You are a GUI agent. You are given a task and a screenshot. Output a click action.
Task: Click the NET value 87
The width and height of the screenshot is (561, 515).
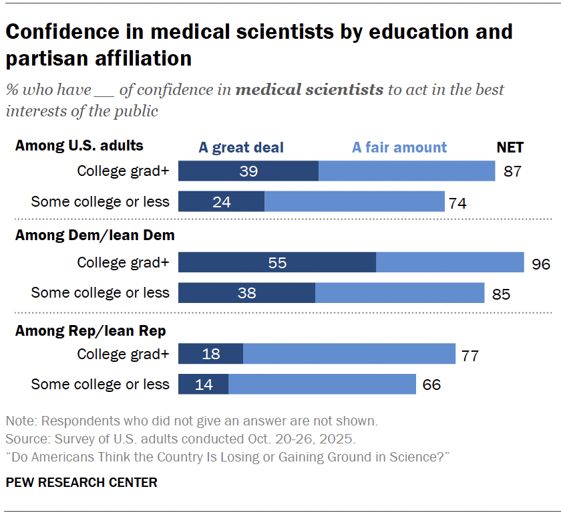[x=512, y=171]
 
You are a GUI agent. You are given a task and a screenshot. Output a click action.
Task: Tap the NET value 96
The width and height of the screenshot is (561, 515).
[x=541, y=264]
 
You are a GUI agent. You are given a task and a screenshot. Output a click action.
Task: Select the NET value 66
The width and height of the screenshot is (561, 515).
[x=431, y=385]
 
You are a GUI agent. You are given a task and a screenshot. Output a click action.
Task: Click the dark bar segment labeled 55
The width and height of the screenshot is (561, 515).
[x=277, y=262]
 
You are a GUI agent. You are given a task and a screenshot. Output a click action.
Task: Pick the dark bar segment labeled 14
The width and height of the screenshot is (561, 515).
[x=204, y=384]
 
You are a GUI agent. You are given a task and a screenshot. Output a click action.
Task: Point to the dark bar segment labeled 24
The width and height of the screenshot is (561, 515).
[x=222, y=201]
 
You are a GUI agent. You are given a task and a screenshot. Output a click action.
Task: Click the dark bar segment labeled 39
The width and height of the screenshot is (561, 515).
[x=248, y=171]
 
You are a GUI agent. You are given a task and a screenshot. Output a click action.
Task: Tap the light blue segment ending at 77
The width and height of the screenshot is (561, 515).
[x=349, y=354]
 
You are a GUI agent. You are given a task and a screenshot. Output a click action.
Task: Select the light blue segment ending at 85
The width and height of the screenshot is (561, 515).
[x=399, y=293]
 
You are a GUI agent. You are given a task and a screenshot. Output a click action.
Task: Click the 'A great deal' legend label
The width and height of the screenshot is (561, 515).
[x=241, y=148]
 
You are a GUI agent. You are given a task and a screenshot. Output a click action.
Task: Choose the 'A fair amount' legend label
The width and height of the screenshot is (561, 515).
[x=399, y=148]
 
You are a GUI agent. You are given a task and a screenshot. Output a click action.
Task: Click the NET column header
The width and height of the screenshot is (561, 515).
[x=510, y=148]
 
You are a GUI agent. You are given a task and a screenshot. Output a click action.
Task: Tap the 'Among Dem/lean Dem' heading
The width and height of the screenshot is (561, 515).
[x=95, y=235]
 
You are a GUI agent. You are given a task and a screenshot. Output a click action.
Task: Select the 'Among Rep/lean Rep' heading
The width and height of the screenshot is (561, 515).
[x=90, y=330]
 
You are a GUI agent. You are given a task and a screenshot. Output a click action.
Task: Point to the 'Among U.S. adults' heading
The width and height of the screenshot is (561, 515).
[x=79, y=145]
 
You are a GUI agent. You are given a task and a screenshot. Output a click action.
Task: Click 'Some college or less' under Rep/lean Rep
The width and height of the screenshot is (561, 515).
[x=100, y=385]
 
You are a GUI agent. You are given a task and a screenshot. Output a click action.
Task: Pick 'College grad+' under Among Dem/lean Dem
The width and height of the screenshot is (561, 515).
[x=123, y=263]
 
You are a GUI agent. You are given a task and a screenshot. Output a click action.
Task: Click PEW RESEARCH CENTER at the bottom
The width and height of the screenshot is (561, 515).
[x=81, y=482]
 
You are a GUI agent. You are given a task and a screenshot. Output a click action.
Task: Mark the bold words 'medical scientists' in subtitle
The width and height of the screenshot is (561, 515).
[x=310, y=90]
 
